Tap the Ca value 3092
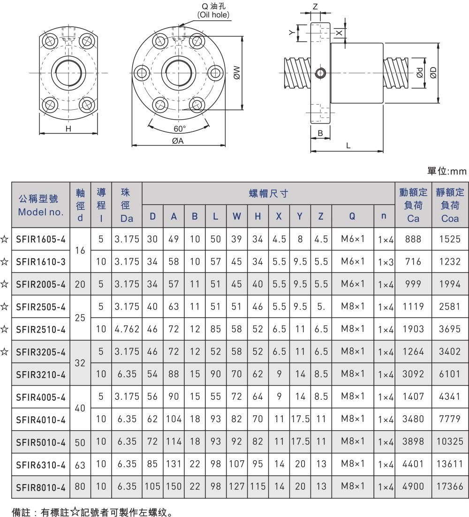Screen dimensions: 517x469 tap(410, 374)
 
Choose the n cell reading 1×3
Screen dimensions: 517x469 tap(384, 262)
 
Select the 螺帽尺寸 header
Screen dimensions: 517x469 tap(268, 193)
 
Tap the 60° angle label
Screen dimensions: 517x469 tap(179, 128)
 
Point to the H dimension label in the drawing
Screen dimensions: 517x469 tap(68, 129)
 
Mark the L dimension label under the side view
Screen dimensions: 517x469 tap(348, 146)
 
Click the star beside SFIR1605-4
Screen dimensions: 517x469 tap(5, 239)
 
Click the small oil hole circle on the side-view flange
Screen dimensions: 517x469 tap(320, 72)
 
